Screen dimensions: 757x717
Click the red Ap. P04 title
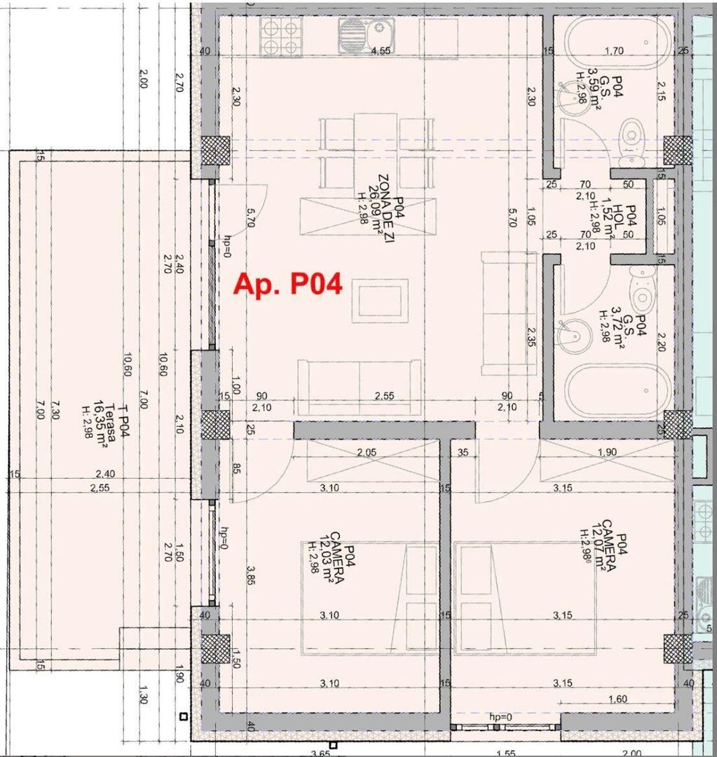coord(287,285)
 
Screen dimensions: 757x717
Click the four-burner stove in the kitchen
coord(280,36)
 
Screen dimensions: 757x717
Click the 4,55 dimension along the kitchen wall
coord(381,51)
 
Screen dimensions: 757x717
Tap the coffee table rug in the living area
coord(380,300)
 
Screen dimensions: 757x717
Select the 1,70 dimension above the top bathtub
coord(614,50)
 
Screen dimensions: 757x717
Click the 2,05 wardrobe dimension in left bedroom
coord(366,453)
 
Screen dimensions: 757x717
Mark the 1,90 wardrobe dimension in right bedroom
coord(607,453)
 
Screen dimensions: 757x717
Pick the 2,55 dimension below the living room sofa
coord(383,396)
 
